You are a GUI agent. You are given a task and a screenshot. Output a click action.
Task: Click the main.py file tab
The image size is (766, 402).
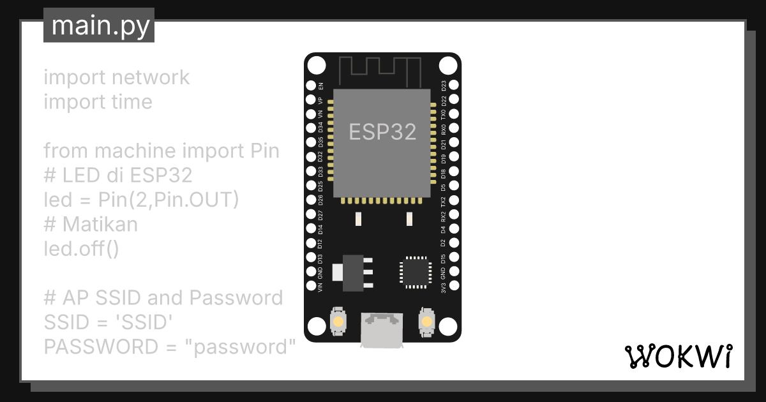pos(99,26)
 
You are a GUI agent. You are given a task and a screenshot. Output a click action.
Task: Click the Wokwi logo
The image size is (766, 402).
pos(677,356)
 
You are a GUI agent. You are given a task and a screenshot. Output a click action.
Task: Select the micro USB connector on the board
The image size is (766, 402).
pos(382,329)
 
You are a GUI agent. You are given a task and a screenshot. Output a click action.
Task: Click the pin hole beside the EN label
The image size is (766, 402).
pos(312,86)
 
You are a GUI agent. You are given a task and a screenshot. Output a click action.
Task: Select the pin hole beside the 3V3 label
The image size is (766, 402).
pos(454,287)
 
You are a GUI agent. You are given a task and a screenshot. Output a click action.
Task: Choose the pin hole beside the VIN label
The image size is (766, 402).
pos(312,287)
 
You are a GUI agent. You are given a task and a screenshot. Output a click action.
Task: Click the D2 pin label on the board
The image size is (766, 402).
pos(444,243)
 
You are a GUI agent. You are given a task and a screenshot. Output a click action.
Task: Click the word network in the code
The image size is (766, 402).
pos(151,77)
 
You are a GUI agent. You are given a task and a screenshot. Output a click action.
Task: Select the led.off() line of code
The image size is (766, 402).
pos(81,248)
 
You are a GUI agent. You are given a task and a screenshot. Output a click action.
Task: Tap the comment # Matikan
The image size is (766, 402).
pos(91,224)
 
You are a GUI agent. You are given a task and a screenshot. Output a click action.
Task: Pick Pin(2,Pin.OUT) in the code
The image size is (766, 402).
pos(169,200)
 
